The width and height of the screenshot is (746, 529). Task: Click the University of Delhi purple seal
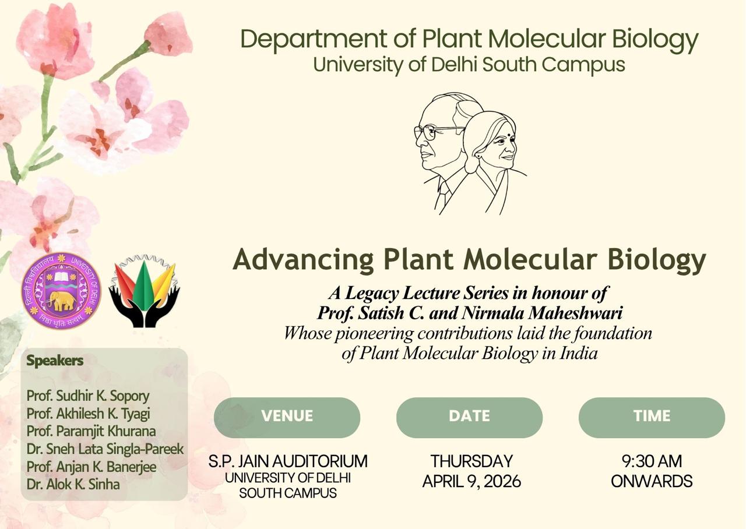coord(61,291)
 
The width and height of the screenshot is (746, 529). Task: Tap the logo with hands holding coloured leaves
coord(144,291)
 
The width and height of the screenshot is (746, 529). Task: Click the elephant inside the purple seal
coord(62,301)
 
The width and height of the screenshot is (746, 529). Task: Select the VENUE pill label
coord(287,416)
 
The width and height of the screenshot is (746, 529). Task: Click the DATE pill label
coord(469,416)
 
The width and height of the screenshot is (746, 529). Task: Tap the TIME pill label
coord(652,416)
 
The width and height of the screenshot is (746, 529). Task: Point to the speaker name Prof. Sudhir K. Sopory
coord(88,396)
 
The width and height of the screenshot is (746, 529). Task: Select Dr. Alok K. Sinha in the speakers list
coord(73,484)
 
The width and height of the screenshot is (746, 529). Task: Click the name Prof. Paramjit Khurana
coord(91,432)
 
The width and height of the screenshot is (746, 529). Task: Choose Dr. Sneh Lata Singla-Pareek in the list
coord(105,449)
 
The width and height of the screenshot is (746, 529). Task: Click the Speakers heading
coord(55,361)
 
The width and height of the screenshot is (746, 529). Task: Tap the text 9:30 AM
coord(652,461)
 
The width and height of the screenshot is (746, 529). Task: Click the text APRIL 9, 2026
coord(471,481)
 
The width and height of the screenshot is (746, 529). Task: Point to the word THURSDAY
coord(471,461)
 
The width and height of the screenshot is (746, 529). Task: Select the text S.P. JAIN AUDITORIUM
coord(288,461)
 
